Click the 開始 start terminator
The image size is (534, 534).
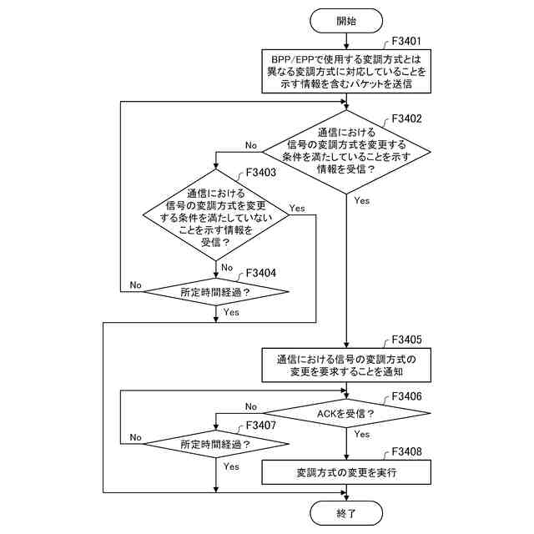pos(346,21)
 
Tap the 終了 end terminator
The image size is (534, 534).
pos(346,513)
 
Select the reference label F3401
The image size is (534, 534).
pos(406,41)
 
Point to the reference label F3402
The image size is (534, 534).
pos(406,118)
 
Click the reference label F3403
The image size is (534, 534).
pos(260,173)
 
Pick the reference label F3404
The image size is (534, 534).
pos(260,273)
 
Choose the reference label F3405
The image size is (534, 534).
pos(406,340)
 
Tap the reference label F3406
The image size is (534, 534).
pos(406,396)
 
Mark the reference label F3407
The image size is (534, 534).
pos(260,425)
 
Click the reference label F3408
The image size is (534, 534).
pos(406,451)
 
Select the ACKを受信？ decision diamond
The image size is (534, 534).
pos(346,414)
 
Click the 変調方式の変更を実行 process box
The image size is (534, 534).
pos(346,472)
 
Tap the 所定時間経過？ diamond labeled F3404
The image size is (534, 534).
pos(215,291)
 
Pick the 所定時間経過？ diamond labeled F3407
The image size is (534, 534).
pos(215,444)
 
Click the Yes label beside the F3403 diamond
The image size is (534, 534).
pos(297,208)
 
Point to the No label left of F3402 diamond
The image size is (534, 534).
pos(251,145)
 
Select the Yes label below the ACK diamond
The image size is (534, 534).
pos(361,434)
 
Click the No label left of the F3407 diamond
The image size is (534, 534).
pos(135,437)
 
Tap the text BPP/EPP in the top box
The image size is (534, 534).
pos(291,59)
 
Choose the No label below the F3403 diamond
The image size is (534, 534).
pos(227,267)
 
